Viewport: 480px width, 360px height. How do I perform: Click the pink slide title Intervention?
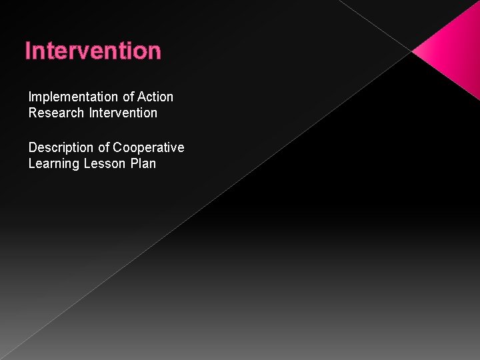pyautogui.click(x=93, y=51)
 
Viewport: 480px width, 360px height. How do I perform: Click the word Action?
pyautogui.click(x=155, y=97)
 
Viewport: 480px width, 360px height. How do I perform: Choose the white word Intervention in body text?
pyautogui.click(x=123, y=113)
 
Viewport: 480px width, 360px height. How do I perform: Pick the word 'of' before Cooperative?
pyautogui.click(x=103, y=147)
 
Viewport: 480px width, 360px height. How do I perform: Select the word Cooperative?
pyautogui.click(x=148, y=147)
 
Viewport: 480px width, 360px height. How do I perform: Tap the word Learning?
pyautogui.click(x=54, y=163)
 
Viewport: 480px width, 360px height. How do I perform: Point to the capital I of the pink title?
pyautogui.click(x=27, y=51)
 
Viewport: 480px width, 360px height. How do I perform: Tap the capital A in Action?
pyautogui.click(x=141, y=97)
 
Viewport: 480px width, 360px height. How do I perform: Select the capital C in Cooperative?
pyautogui.click(x=117, y=147)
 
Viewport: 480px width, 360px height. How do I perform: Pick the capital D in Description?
pyautogui.click(x=33, y=147)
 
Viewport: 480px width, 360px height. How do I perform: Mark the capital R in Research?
pyautogui.click(x=33, y=113)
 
